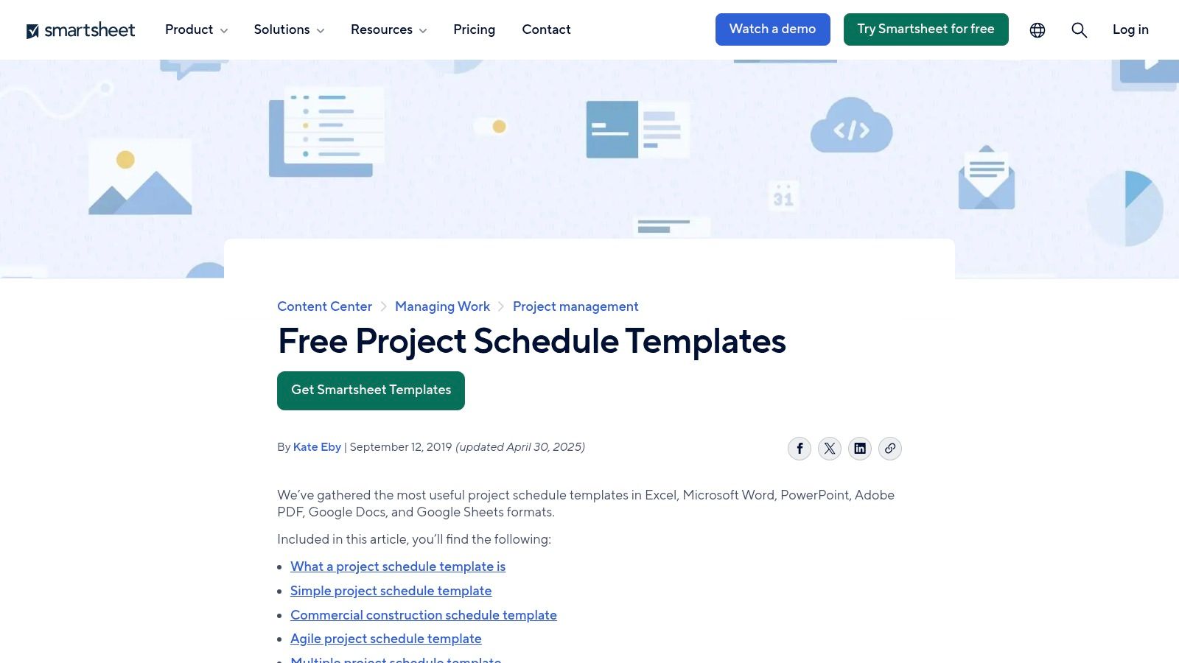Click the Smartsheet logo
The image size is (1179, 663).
(81, 30)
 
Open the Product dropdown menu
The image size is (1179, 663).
(196, 29)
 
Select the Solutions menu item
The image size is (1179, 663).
(289, 29)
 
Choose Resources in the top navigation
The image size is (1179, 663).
(388, 29)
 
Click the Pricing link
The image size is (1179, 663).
(474, 29)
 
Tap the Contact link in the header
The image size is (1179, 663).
(546, 29)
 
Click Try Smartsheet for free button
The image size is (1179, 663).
(926, 29)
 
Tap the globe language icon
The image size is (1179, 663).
(1038, 30)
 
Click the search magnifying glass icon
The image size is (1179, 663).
(1079, 30)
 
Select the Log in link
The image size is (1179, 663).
(1130, 29)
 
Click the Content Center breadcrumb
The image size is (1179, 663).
(324, 306)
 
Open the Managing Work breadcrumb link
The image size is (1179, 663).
(442, 306)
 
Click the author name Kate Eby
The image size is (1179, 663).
(317, 447)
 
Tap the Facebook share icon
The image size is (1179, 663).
(800, 449)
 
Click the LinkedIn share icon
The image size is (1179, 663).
(860, 449)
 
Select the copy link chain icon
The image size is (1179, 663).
(890, 449)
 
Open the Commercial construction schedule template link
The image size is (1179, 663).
(424, 615)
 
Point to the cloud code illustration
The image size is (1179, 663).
(851, 127)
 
